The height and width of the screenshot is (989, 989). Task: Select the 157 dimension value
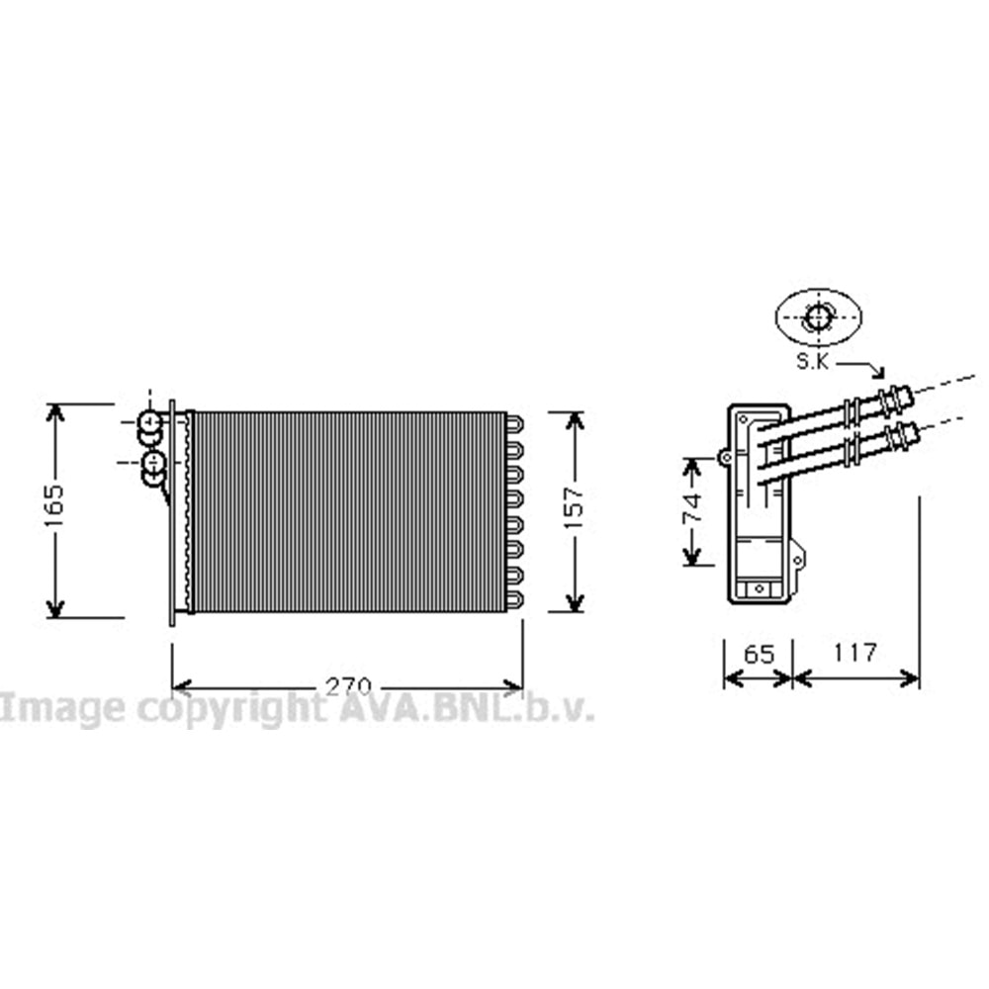coord(574,507)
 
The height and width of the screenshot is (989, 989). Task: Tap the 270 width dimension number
coord(347,687)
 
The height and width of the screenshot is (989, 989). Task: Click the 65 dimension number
coord(759,654)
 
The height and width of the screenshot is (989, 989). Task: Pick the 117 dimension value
coord(854,652)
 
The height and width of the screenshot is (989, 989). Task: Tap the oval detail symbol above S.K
coord(818,317)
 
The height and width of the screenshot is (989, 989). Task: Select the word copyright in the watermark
coord(231,708)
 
